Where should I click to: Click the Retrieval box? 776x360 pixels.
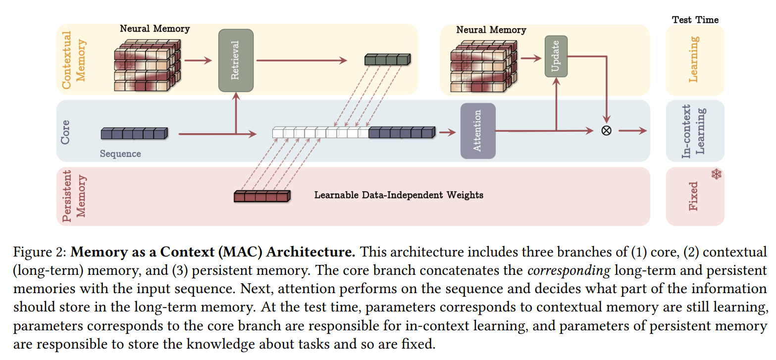point(236,60)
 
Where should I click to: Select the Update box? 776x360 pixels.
point(556,56)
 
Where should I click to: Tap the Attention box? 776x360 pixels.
point(477,131)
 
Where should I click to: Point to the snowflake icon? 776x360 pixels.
point(717,174)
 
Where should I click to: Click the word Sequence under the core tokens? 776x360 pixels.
point(120,154)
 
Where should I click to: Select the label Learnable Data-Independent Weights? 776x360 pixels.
point(399,195)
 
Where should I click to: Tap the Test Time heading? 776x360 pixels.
point(695,20)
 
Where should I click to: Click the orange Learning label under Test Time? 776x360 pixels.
point(695,59)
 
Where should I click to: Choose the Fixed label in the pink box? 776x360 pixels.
point(693,196)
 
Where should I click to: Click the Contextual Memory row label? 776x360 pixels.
point(74,60)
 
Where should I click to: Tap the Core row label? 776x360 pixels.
point(65,131)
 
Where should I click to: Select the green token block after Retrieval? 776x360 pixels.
point(387,59)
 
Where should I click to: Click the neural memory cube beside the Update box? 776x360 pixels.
point(483,64)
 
